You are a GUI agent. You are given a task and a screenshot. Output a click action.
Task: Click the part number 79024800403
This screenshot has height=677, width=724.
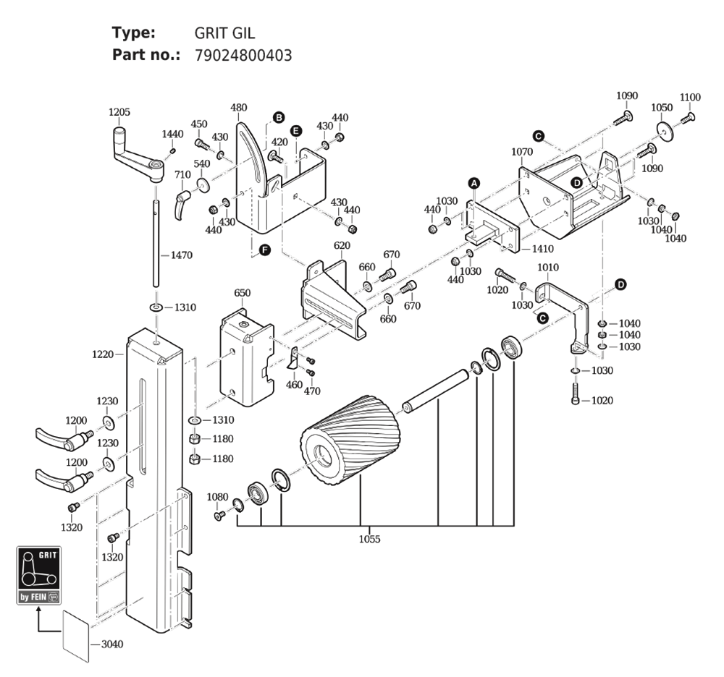point(243,56)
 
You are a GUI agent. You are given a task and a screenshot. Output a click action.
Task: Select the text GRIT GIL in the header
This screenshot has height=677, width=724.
point(224,33)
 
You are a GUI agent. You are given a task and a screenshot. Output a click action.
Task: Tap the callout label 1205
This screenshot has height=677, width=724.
point(119,112)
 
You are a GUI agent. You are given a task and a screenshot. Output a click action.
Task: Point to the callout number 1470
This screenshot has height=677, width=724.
point(182,255)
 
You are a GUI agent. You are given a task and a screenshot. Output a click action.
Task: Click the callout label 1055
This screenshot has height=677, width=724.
point(369,539)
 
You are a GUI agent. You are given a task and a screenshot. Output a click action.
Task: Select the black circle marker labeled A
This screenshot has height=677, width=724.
point(474,183)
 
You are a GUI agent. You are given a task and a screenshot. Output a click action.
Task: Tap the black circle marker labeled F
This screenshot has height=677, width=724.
point(264,250)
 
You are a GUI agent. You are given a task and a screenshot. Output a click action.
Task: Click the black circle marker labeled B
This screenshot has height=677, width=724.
point(279,117)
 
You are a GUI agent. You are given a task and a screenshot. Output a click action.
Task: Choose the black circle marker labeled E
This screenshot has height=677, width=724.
point(296,130)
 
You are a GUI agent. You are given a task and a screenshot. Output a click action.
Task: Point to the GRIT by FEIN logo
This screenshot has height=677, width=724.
point(39,576)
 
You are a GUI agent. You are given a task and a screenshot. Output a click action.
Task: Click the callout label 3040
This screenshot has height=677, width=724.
point(112,644)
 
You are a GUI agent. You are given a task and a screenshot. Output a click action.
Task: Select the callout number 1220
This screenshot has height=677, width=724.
point(103,354)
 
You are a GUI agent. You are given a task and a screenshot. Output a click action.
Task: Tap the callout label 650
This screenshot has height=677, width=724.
point(243,293)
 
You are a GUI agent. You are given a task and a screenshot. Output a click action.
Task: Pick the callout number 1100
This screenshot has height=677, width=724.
point(690,98)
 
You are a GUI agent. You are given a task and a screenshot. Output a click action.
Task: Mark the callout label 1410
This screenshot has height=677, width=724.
point(542,249)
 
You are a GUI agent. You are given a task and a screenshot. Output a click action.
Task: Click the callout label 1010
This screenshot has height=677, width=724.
point(548,268)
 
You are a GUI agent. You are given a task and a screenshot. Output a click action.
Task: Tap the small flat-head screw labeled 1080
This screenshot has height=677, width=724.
point(219,515)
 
